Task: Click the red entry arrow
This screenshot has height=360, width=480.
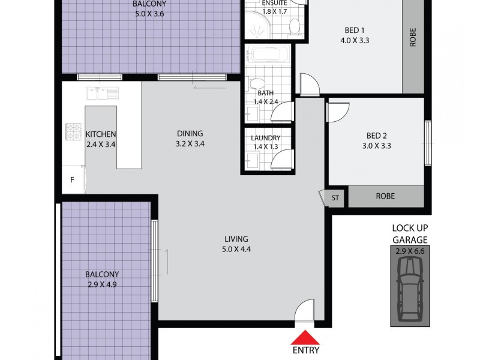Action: [x=305, y=338]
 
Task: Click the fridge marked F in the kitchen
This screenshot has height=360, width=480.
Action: [x=73, y=180]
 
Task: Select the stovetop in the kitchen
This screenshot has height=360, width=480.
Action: [x=74, y=131]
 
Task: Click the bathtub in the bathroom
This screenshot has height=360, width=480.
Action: [x=268, y=55]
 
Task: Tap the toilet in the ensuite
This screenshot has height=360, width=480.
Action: [x=294, y=27]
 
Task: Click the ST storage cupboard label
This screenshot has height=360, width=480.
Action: [x=335, y=197]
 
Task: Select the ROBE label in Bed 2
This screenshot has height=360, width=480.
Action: [x=385, y=196]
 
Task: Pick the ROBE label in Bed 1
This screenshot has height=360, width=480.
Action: [x=412, y=38]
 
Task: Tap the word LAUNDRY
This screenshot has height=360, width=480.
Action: [x=266, y=137]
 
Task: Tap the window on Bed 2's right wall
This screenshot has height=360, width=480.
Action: [x=428, y=143]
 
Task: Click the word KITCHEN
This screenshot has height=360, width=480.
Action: [x=100, y=134]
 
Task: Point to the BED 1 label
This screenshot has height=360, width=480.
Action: [x=352, y=31]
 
